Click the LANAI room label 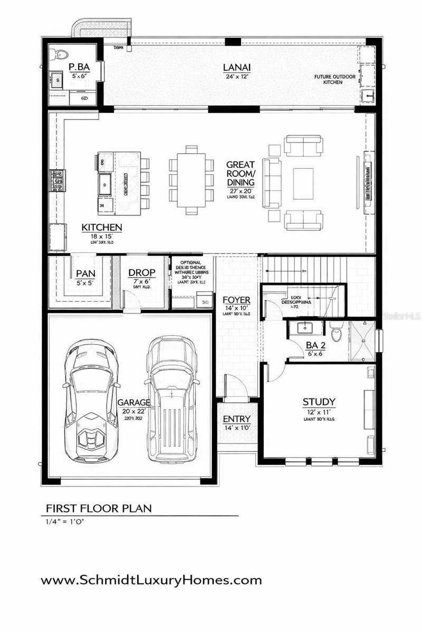point(236,67)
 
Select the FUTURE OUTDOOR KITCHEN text point(335,80)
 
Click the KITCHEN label point(102,228)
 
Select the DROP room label point(142,273)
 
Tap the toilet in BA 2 point(336,333)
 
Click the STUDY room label point(319,402)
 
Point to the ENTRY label point(236,419)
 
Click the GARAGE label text point(134,402)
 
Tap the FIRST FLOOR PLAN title point(99,508)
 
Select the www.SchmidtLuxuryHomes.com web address point(151,580)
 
